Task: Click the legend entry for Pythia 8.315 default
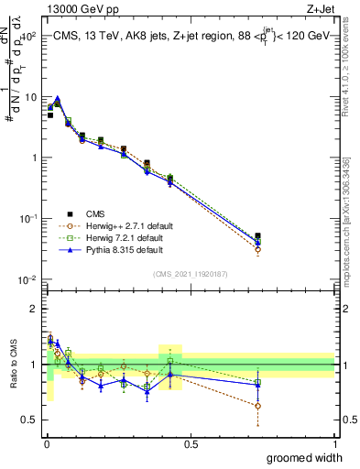125,250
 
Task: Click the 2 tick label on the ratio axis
33,309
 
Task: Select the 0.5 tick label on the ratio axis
28,420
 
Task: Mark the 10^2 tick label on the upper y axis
28,37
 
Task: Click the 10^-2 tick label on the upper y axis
28,279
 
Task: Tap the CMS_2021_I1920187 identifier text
191,273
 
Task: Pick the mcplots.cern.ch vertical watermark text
352,220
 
